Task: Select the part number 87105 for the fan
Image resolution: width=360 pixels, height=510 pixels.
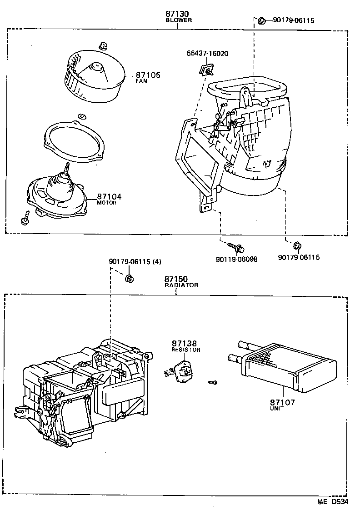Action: tap(148, 75)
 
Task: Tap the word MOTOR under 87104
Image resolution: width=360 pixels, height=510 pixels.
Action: tap(106, 203)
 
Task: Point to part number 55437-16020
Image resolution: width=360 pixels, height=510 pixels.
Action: tap(207, 54)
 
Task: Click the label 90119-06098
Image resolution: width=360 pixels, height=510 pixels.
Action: tap(236, 259)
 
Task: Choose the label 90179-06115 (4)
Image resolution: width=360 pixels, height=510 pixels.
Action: tap(135, 261)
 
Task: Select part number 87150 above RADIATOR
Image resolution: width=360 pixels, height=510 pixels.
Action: tap(176, 279)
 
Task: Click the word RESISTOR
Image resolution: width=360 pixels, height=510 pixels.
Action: tap(185, 350)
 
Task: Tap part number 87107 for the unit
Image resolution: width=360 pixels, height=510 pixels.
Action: tap(282, 402)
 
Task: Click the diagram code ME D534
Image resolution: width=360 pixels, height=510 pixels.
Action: tap(333, 502)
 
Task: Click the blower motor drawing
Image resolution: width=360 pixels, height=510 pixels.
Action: tap(56, 193)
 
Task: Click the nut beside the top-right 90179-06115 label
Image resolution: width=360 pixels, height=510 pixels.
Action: tap(262, 20)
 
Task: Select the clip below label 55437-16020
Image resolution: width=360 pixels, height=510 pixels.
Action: tap(207, 69)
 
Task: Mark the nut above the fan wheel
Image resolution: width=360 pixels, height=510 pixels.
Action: tap(102, 45)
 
